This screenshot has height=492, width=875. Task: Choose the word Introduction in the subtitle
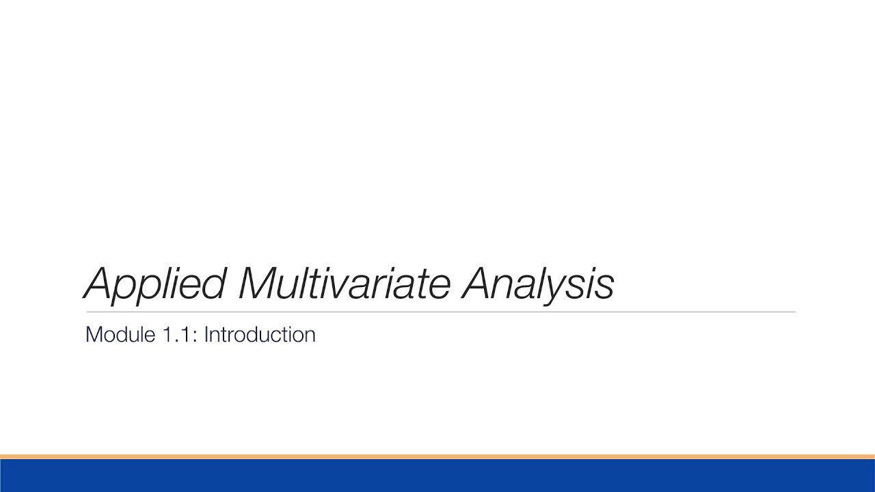click(260, 335)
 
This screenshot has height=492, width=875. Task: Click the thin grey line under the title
click(437, 312)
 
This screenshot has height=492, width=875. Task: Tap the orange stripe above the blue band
click(437, 456)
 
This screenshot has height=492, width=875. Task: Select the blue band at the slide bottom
click(437, 476)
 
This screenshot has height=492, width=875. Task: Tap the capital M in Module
click(93, 335)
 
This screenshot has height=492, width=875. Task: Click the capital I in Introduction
click(206, 335)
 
